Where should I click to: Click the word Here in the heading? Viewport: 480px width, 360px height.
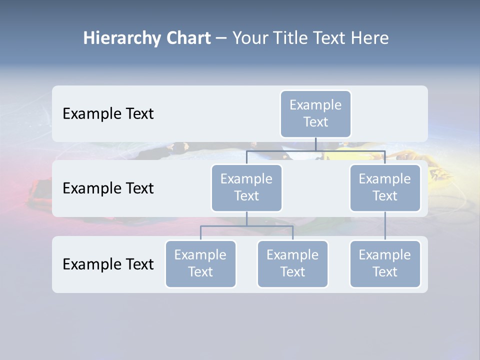click(x=370, y=38)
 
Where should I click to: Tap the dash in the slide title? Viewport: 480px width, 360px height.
click(x=221, y=38)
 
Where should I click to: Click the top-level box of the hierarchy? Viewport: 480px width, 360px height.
click(x=315, y=114)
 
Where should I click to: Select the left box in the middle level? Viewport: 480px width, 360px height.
click(x=246, y=188)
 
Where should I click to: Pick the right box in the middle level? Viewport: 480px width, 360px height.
click(x=385, y=188)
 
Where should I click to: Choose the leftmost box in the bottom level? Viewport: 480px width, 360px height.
click(x=200, y=264)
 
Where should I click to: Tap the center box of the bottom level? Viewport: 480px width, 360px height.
click(x=292, y=264)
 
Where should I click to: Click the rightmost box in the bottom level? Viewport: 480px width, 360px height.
click(x=385, y=264)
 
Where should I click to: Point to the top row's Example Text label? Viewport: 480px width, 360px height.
click(x=108, y=114)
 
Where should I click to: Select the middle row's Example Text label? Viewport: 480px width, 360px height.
click(x=108, y=188)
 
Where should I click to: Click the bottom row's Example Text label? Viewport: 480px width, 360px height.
click(x=108, y=264)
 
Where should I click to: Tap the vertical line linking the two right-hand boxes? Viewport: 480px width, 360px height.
click(x=385, y=226)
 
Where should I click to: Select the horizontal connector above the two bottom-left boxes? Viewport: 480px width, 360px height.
click(x=246, y=226)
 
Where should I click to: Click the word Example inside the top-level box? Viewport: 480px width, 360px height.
click(x=315, y=105)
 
